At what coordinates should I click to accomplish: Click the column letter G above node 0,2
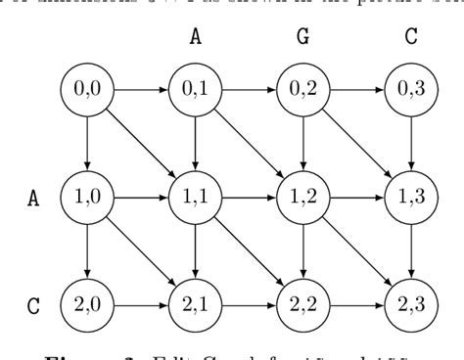click(302, 37)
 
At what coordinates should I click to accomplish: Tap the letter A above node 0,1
click(196, 37)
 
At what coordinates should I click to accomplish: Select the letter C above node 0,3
click(409, 37)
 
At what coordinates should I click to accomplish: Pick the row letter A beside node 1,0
click(33, 196)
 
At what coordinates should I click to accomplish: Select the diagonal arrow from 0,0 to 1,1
click(142, 142)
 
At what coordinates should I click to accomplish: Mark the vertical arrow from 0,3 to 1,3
click(409, 142)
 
